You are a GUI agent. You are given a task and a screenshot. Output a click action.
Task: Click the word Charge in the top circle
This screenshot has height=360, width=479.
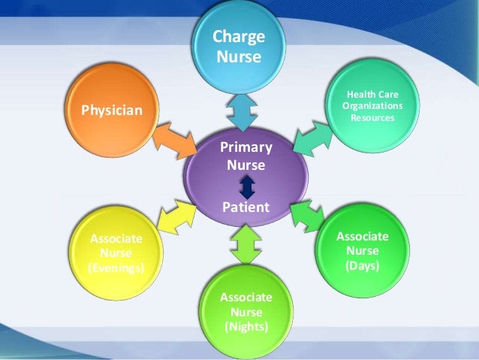point(239,36)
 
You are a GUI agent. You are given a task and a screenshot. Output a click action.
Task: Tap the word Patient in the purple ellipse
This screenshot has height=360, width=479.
point(246,206)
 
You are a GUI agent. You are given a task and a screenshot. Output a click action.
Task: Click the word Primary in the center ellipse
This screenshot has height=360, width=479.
point(246,147)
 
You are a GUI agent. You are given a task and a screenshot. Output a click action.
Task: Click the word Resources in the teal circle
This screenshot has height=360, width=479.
point(373,118)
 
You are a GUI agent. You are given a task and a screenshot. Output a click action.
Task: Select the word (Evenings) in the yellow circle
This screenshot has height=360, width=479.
point(116,268)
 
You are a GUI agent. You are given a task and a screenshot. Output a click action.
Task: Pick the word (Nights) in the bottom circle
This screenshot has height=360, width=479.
point(246,326)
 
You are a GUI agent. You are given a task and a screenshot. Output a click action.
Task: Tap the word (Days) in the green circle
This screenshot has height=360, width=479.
point(363,266)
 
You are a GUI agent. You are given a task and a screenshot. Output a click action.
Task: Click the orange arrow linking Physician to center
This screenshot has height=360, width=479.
point(174,140)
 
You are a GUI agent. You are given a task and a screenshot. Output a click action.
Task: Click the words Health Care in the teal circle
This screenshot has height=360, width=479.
point(373,95)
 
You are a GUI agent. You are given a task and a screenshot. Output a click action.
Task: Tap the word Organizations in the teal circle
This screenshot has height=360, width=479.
point(373,106)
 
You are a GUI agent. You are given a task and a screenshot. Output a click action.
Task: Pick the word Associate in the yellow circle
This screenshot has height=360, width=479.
point(116,239)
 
